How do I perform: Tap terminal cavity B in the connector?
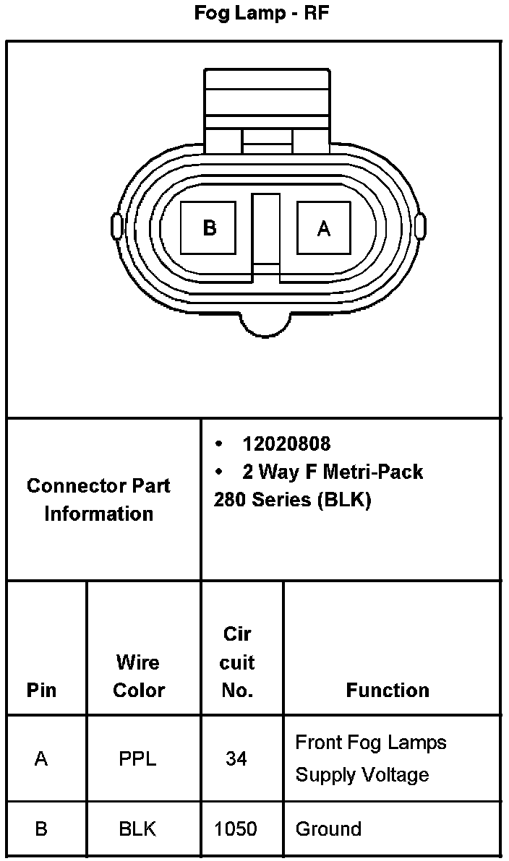pyautogui.click(x=209, y=228)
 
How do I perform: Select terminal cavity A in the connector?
pyautogui.click(x=324, y=228)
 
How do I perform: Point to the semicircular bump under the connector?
pyautogui.click(x=268, y=325)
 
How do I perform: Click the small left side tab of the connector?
pyautogui.click(x=115, y=226)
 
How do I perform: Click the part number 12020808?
pyautogui.click(x=286, y=444)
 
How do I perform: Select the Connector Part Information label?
pyautogui.click(x=98, y=499)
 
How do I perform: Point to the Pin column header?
pyautogui.click(x=41, y=690)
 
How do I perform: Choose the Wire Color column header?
pyautogui.click(x=138, y=676)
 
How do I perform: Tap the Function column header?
pyautogui.click(x=388, y=690)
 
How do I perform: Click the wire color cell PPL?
pyautogui.click(x=137, y=759)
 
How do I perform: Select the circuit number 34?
pyautogui.click(x=236, y=759)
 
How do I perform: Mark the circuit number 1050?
pyautogui.click(x=236, y=829)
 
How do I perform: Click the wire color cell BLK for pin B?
pyautogui.click(x=137, y=829)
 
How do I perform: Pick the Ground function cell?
pyautogui.click(x=328, y=829)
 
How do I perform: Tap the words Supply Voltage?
pyautogui.click(x=362, y=775)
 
